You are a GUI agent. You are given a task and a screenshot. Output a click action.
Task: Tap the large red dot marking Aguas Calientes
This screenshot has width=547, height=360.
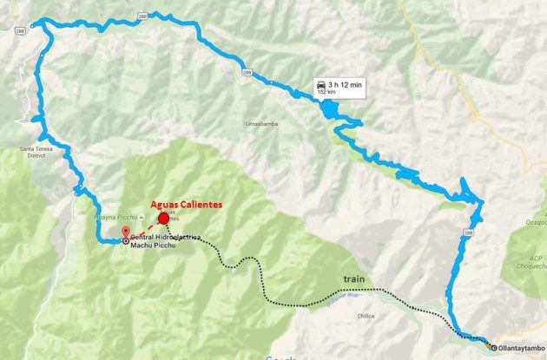coord(163,219)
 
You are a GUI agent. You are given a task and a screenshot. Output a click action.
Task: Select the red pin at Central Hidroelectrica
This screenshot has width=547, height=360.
coord(125,232)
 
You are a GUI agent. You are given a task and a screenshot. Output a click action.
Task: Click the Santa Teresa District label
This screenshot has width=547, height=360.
coord(34,152)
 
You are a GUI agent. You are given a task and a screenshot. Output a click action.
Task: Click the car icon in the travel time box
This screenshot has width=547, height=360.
coord(323,85)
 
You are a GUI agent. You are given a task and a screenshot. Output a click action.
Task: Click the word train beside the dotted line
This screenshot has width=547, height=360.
coord(353,279)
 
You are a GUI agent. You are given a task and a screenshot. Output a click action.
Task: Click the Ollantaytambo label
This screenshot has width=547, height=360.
coord(522,347)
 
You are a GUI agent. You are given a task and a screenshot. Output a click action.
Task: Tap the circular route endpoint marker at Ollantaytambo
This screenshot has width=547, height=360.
coord(491,346)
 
